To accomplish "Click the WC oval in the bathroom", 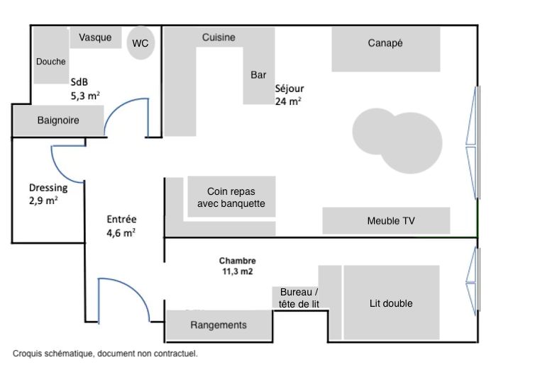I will click(x=140, y=44).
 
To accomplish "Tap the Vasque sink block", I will click(x=95, y=38).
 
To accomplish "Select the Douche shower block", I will click(x=51, y=61).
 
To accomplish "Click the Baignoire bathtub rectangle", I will click(x=58, y=120).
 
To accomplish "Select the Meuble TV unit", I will click(x=386, y=220).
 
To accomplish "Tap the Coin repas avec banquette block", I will click(x=231, y=197).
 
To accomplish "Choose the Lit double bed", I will click(x=392, y=303).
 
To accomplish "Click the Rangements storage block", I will click(x=219, y=325).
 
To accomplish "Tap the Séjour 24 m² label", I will click(x=289, y=95).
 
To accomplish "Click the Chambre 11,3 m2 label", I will click(x=237, y=266).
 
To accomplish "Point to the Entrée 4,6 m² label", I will click(x=121, y=225).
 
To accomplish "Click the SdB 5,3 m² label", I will click(x=84, y=87).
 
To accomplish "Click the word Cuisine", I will click(x=219, y=38).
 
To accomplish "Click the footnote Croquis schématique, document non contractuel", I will click(x=105, y=352).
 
